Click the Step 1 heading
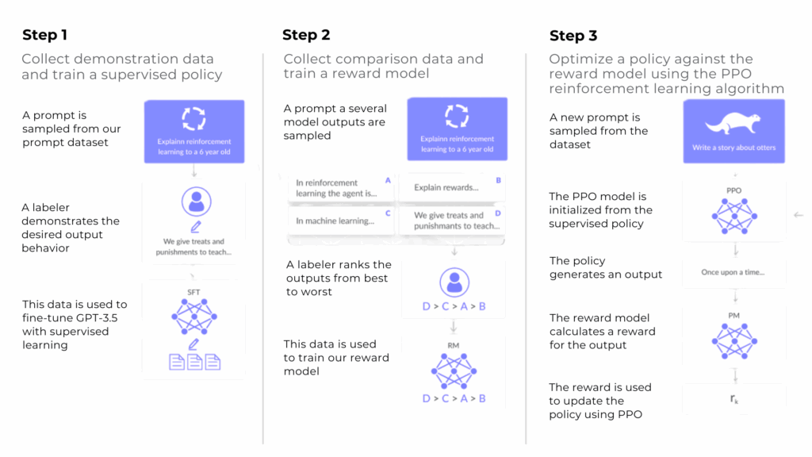44,35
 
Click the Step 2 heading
306,35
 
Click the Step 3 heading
573,36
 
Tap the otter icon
733,123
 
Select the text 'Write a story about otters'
733,148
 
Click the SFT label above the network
193,292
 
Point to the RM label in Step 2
453,346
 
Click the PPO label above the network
733,190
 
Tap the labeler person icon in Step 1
197,202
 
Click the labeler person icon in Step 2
454,282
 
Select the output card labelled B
452,187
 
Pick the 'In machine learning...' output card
341,221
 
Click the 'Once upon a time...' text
733,273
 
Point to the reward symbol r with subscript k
734,398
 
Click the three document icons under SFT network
195,362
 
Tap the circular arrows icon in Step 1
193,119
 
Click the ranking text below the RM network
454,398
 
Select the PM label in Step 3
733,316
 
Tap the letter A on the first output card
388,180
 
